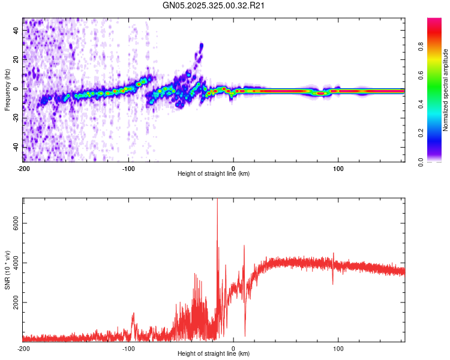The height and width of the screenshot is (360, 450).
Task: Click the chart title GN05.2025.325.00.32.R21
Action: (x=214, y=6)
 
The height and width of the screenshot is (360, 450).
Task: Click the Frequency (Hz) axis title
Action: (x=7, y=89)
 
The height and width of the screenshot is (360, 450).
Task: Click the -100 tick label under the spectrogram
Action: (x=128, y=167)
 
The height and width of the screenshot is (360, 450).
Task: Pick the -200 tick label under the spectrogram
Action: (x=23, y=167)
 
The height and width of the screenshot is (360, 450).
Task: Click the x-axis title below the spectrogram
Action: (x=214, y=174)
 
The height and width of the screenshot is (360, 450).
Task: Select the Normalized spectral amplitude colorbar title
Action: (x=446, y=89)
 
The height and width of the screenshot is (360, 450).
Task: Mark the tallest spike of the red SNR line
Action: (x=217, y=200)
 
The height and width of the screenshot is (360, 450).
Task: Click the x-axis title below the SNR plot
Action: (x=214, y=355)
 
